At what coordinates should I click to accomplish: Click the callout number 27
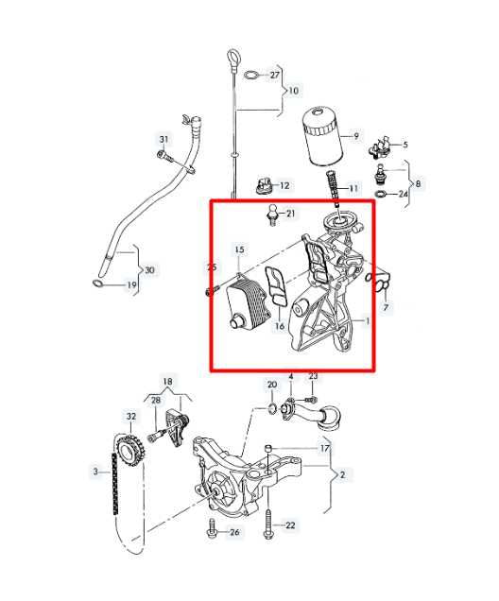click(x=275, y=74)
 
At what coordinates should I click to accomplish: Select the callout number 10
click(x=294, y=91)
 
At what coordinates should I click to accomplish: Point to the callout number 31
click(x=163, y=140)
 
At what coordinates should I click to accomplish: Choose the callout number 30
click(x=150, y=270)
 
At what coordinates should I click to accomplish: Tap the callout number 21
click(x=290, y=214)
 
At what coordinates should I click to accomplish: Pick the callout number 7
click(x=386, y=307)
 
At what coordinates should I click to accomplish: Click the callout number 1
click(x=367, y=320)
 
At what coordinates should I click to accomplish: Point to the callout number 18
click(x=168, y=382)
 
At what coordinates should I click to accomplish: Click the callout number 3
click(x=95, y=470)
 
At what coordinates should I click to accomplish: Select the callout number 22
click(x=290, y=524)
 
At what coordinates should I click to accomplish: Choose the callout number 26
click(x=235, y=532)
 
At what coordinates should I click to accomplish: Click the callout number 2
click(x=341, y=474)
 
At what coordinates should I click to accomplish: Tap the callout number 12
click(x=284, y=185)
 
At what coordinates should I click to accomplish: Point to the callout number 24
click(x=404, y=195)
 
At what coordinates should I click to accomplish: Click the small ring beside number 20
click(x=272, y=408)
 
